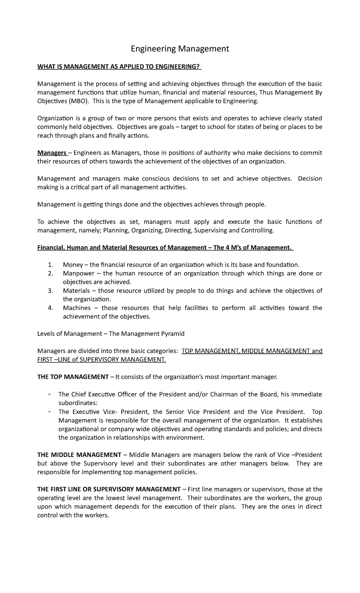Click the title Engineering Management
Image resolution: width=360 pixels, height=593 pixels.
coord(180,49)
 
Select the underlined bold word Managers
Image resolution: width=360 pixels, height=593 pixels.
coord(52,153)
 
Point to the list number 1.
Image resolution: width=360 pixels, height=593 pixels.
coord(50,265)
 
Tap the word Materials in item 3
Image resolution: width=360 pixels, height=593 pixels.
coord(76,290)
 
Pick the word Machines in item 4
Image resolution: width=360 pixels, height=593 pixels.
coord(76,308)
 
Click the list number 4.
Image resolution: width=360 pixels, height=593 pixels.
coord(50,308)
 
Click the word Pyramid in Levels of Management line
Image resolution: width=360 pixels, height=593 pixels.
coord(173,334)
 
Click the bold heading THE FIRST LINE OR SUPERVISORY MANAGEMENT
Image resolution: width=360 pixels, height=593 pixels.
coord(109,489)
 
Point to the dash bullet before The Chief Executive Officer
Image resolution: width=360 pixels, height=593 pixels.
coord(49,394)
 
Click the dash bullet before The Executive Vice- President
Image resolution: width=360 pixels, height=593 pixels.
coord(49,411)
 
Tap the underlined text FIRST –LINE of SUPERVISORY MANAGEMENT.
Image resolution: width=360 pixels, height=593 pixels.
coord(101,360)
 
